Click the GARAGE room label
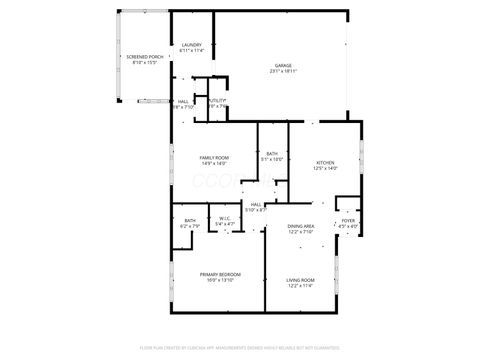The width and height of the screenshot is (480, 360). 285,66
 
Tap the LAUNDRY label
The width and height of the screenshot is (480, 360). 191,46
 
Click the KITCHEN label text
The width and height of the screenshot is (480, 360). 327,162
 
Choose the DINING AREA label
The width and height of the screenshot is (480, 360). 301,227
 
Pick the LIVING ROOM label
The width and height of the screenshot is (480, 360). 301,279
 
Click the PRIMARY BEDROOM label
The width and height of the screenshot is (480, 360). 219,274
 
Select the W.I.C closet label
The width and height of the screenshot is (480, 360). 224,220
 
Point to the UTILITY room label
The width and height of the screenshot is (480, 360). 217,100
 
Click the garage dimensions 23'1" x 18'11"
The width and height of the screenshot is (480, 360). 285,72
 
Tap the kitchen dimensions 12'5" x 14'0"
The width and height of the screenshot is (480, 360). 327,168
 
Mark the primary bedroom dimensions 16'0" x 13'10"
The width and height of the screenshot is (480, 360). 219,280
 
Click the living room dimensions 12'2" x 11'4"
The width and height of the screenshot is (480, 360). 301,285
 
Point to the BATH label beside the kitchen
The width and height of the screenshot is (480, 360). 272,153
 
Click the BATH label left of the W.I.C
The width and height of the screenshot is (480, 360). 190,220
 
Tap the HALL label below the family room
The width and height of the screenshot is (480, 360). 256,204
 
